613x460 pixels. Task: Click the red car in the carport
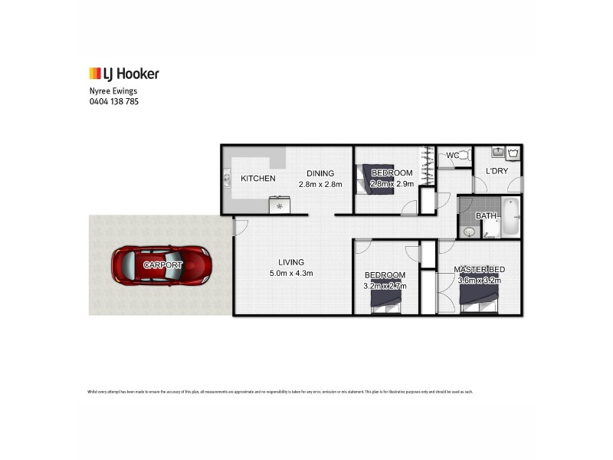(x=162, y=265)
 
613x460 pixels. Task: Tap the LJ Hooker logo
(x=124, y=74)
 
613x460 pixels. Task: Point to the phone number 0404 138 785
(x=114, y=100)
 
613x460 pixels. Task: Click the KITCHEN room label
(x=258, y=179)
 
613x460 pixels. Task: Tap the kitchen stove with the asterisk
(x=279, y=205)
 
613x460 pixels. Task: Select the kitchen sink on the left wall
(x=228, y=180)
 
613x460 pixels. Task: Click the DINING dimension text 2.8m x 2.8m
(x=320, y=184)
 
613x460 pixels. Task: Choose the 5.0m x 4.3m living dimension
(x=290, y=273)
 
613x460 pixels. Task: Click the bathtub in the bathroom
(x=510, y=219)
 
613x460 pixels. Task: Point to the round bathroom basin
(x=469, y=231)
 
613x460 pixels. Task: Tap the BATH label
(x=486, y=216)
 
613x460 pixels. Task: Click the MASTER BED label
(x=479, y=269)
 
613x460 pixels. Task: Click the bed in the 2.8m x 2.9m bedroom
(x=375, y=178)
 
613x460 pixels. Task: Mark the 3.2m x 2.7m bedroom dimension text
(x=385, y=286)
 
